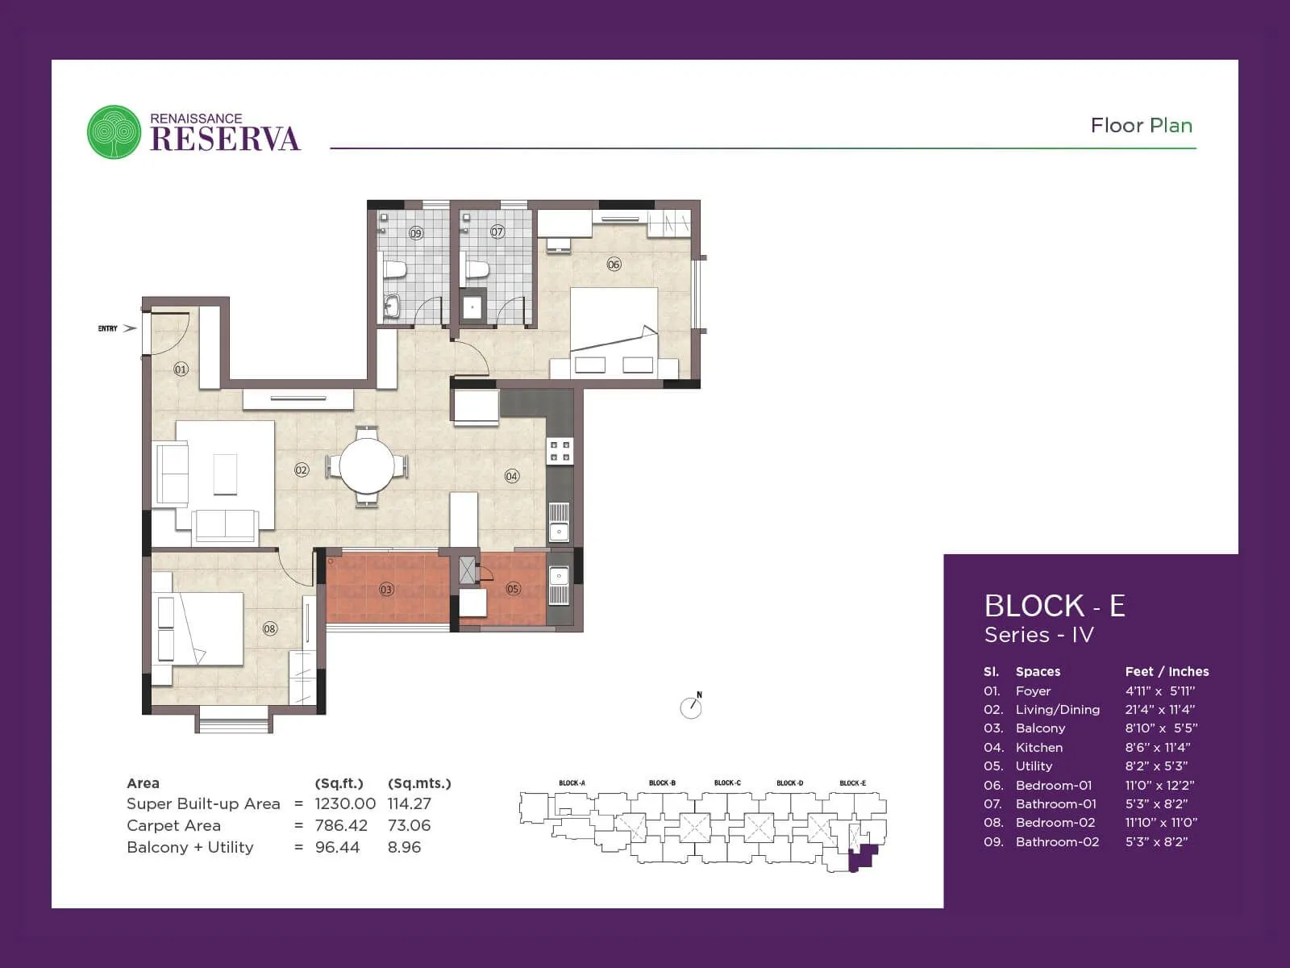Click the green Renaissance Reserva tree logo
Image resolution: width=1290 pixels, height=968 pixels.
[114, 131]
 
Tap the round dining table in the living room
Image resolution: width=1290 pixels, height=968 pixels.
[367, 465]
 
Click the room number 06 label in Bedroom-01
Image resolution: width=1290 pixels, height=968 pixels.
[614, 264]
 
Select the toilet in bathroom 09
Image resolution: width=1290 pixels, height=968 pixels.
[394, 269]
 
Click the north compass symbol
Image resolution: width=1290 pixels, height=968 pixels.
[691, 707]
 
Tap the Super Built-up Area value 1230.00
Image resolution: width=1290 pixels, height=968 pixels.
[344, 804]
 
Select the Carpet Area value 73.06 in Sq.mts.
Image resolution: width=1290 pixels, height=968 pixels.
[409, 825]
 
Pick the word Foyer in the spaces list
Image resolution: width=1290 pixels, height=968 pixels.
[1033, 691]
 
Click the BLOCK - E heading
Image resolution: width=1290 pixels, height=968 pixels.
[1054, 606]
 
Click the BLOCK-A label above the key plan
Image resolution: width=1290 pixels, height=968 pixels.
[572, 783]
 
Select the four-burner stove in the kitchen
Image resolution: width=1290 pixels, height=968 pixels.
[560, 451]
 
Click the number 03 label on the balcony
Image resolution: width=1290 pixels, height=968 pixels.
[386, 590]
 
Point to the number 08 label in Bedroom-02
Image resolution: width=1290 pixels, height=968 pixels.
[269, 628]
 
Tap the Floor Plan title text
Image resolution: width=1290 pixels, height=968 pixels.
[1141, 126]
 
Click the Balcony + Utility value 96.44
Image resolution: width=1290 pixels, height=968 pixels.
[337, 847]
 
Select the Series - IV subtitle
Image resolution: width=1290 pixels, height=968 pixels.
[1038, 635]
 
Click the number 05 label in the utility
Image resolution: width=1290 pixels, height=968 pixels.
[513, 589]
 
